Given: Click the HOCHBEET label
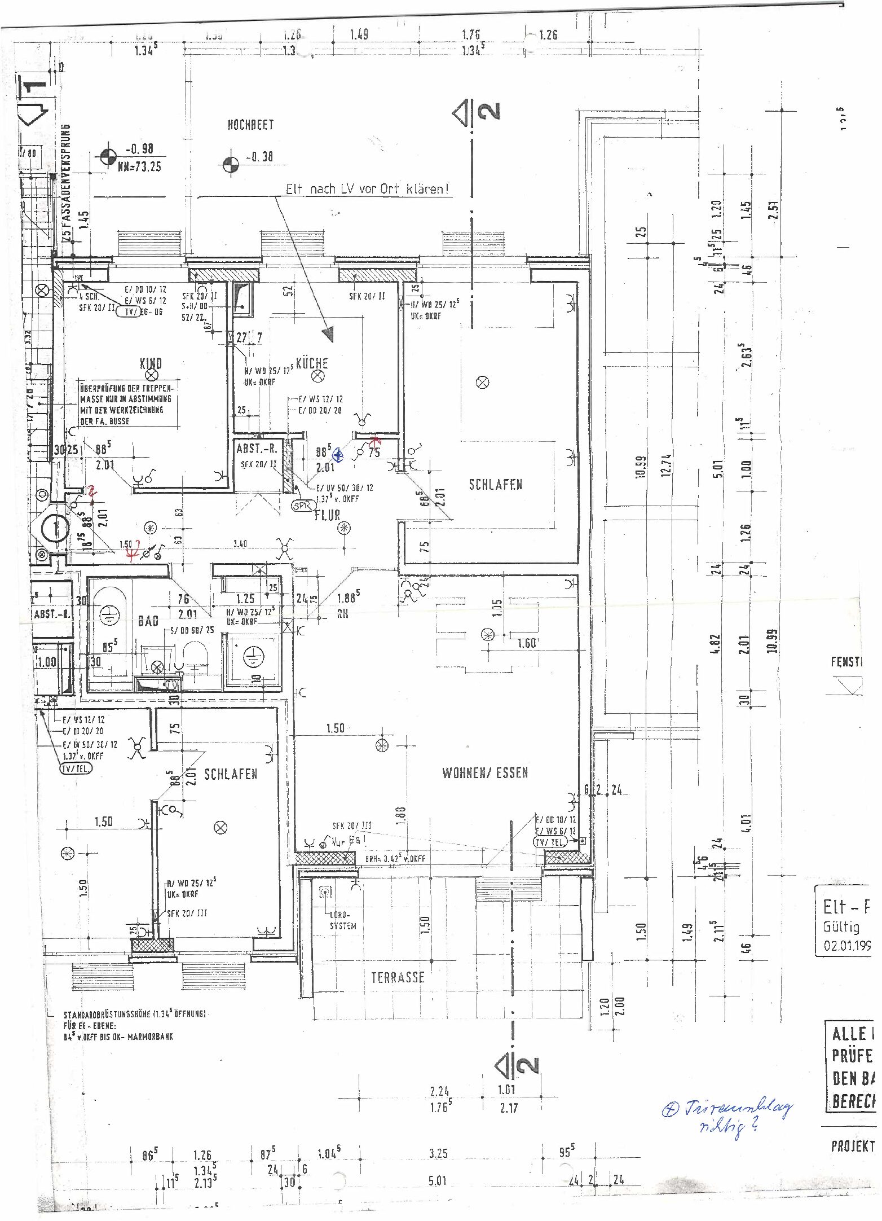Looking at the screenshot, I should tap(250, 125).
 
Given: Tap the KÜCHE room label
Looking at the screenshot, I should tap(312, 363).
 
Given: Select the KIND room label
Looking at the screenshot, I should tap(151, 363).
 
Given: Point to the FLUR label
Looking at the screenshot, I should tap(328, 515).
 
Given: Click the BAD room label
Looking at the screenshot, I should tap(148, 621).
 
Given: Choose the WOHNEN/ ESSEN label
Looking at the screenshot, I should tap(485, 772).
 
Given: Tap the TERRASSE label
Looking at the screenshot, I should tap(398, 977).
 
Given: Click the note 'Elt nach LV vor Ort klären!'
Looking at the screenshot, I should tap(367, 189).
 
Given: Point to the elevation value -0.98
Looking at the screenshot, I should tap(139, 149).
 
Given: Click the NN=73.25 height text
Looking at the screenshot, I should tap(139, 166).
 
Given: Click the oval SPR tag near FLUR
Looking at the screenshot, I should tap(302, 506).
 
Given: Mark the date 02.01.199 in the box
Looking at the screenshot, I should tap(847, 946).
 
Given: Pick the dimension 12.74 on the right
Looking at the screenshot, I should tap(666, 465).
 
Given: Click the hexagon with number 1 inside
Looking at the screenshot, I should tap(55, 528).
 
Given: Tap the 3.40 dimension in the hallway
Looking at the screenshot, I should tap(240, 544).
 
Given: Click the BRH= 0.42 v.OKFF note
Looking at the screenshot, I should tap(395, 859).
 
